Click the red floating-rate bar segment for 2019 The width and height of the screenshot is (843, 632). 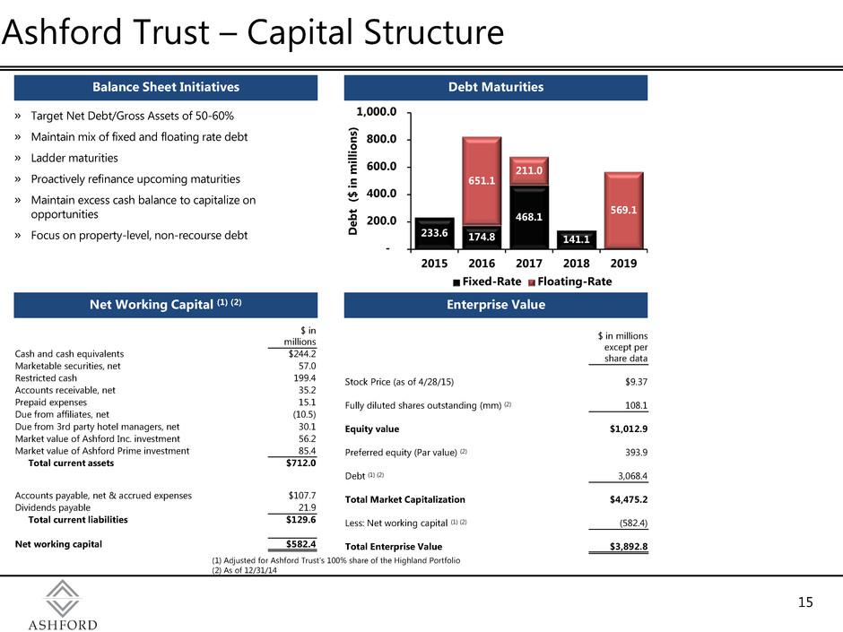623,211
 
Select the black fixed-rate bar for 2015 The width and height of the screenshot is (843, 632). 434,233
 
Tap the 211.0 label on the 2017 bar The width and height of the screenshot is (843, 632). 529,170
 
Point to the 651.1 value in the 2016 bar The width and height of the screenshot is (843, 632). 482,180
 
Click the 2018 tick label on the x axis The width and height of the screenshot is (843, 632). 577,264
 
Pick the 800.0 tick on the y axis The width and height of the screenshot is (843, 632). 381,139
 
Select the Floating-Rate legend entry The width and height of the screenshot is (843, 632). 570,281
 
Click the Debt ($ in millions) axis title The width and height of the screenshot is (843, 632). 352,181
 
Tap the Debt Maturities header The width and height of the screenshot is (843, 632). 496,87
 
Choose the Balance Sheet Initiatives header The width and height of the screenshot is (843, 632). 166,87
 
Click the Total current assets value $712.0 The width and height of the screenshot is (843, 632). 301,463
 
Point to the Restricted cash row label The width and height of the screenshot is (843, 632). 46,377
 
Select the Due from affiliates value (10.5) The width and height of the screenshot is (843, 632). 304,414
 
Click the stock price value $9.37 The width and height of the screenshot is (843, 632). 637,382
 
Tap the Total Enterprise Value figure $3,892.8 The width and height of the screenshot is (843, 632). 629,547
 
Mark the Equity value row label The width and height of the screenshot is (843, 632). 372,429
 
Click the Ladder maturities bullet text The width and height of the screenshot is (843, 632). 74,158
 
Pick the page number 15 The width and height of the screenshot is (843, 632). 805,602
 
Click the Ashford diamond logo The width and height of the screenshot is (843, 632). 63,598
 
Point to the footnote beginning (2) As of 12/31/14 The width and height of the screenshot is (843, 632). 245,570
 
